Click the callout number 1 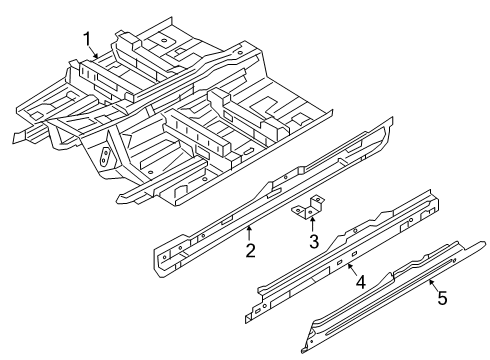click(x=88, y=39)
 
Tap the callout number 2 click(x=250, y=251)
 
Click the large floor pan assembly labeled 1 click(x=180, y=110)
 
